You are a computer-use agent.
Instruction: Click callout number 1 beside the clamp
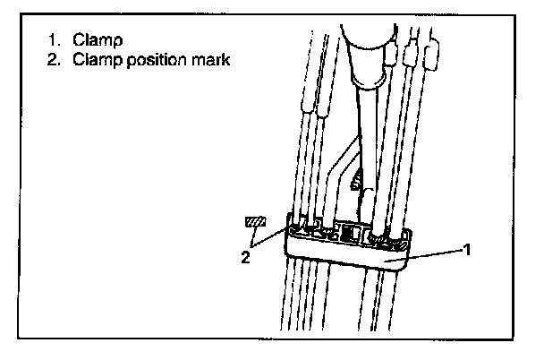coord(467,250)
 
